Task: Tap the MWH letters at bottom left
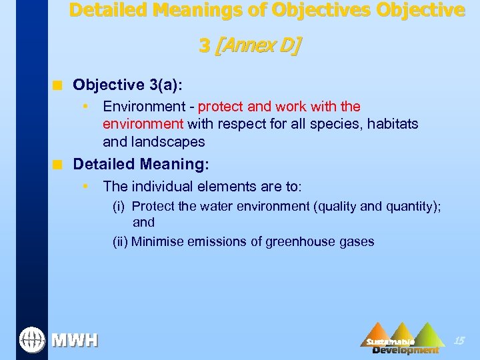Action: tap(75, 341)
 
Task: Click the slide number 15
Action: tap(458, 341)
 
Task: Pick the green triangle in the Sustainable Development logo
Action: tap(427, 334)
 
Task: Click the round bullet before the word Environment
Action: tap(85, 107)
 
